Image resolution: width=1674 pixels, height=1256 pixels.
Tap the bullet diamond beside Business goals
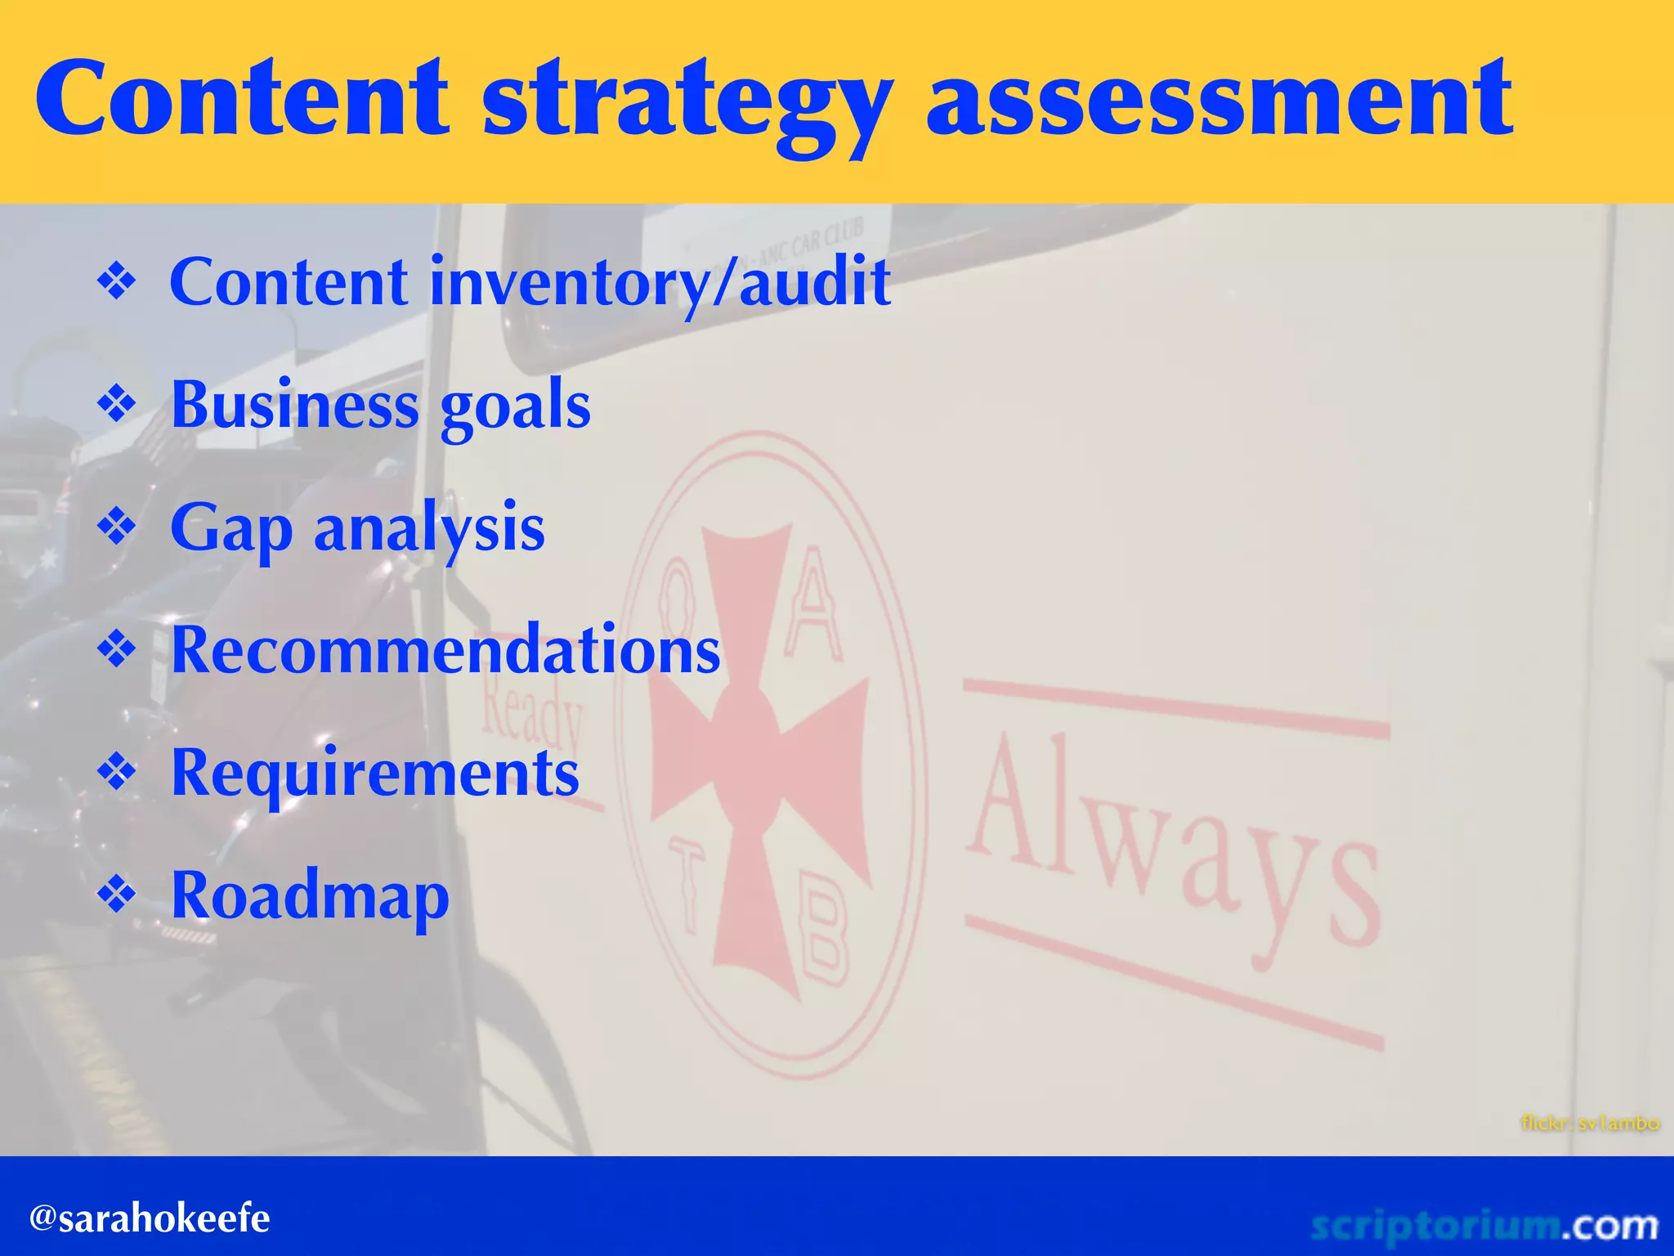117,405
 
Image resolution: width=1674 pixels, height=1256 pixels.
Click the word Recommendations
445,650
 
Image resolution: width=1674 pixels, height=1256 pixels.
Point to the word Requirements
375,774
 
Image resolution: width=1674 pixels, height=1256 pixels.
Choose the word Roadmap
311,896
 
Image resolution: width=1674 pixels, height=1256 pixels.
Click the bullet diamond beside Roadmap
117,895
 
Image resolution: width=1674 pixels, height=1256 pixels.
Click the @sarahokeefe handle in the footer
150,1218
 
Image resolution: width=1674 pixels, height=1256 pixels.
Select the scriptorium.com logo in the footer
1484,1225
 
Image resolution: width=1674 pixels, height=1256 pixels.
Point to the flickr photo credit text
1590,1123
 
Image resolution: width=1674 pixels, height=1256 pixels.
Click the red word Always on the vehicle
1173,842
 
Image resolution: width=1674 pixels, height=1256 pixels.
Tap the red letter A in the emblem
811,605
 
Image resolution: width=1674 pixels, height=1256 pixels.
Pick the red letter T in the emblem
687,887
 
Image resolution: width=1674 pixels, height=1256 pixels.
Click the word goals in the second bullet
515,406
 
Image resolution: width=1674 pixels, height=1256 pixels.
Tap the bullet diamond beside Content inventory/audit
117,283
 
